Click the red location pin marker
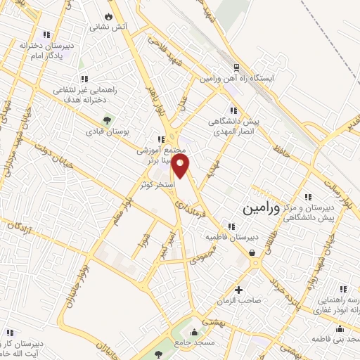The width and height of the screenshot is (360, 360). click(181, 167)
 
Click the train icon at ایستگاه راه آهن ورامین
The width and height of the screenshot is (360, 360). click(237, 67)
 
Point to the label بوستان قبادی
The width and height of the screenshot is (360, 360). click(105, 131)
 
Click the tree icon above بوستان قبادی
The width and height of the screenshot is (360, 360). click(107, 118)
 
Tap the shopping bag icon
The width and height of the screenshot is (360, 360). click(252, 252)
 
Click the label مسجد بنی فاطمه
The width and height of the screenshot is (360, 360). click(340, 340)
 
